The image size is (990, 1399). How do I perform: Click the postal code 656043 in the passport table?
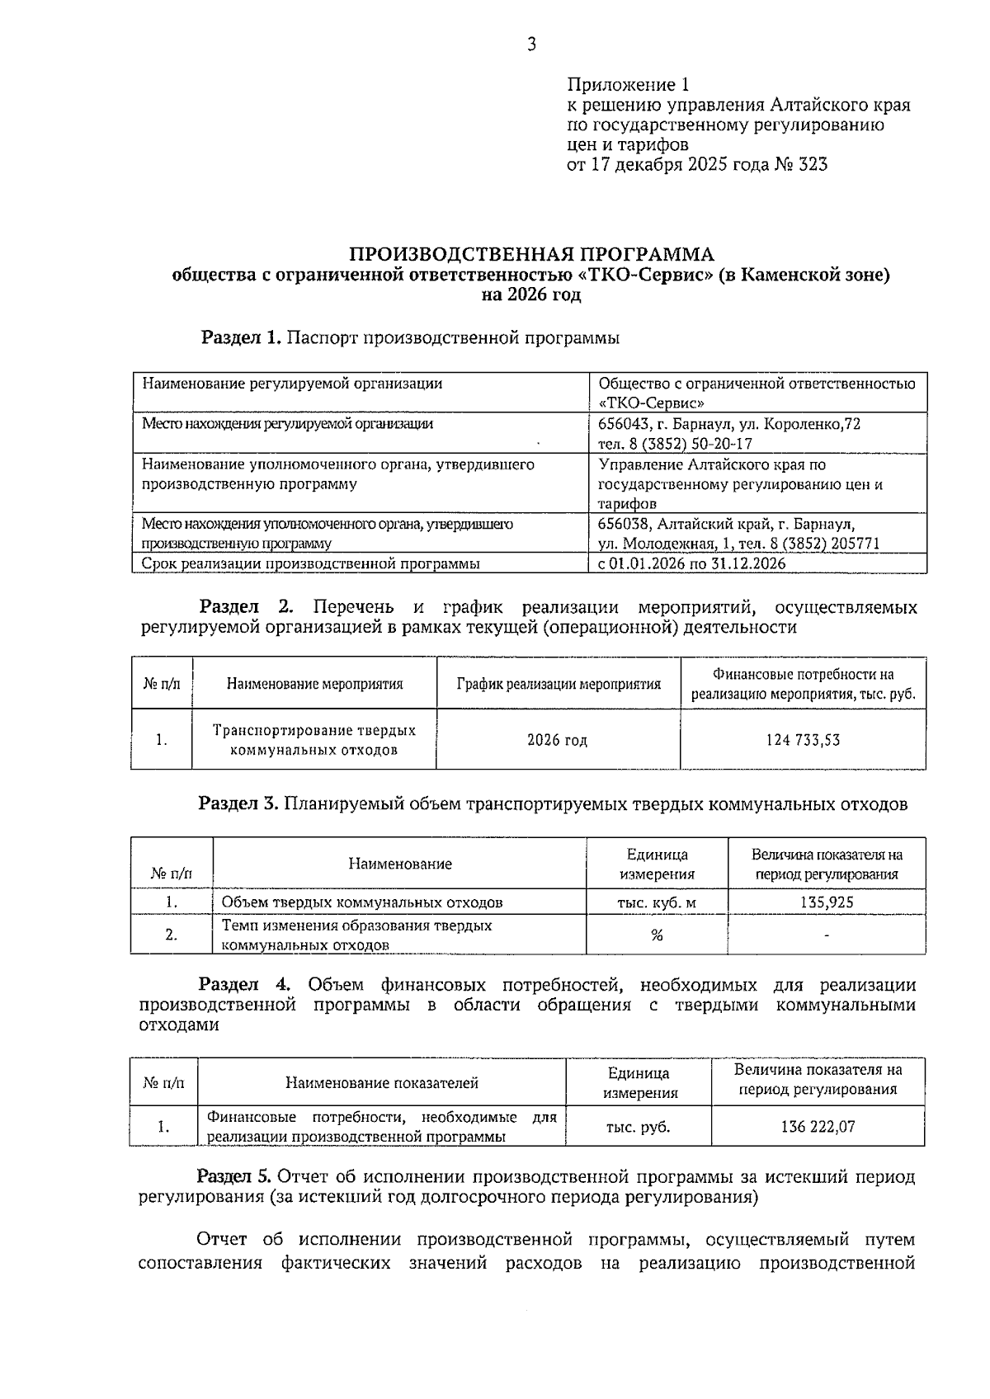pyautogui.click(x=623, y=424)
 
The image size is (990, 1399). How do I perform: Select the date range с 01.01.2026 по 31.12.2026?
pyautogui.click(x=691, y=563)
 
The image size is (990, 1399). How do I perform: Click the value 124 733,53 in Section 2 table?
pyautogui.click(x=803, y=740)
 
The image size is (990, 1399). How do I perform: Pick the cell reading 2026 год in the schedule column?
pyautogui.click(x=558, y=740)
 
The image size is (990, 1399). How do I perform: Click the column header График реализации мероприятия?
pyautogui.click(x=558, y=684)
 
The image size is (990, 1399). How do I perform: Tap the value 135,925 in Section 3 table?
pyautogui.click(x=827, y=902)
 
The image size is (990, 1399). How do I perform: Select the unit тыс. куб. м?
pyautogui.click(x=657, y=902)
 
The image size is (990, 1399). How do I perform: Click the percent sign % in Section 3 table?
pyautogui.click(x=657, y=935)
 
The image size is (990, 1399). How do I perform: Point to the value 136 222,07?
pyautogui.click(x=818, y=1127)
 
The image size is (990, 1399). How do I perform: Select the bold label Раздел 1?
pyautogui.click(x=241, y=337)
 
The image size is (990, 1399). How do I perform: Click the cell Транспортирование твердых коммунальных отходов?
pyautogui.click(x=314, y=740)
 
